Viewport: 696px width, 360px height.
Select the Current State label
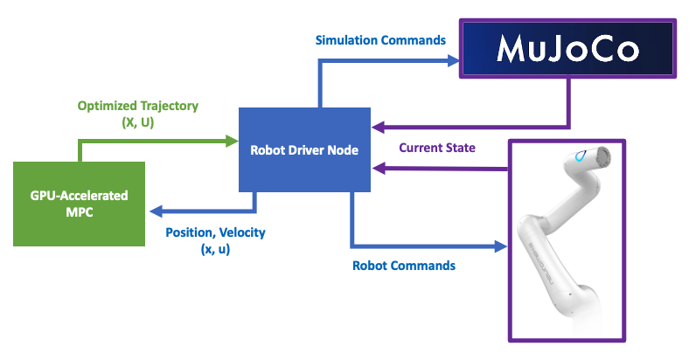pos(437,148)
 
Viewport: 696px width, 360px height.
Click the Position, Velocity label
pos(215,232)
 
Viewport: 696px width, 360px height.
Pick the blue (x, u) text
pos(215,248)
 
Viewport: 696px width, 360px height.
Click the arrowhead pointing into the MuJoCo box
pos(453,60)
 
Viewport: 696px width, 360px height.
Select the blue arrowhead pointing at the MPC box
pos(156,211)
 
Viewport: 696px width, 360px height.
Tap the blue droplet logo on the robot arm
pos(581,156)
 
